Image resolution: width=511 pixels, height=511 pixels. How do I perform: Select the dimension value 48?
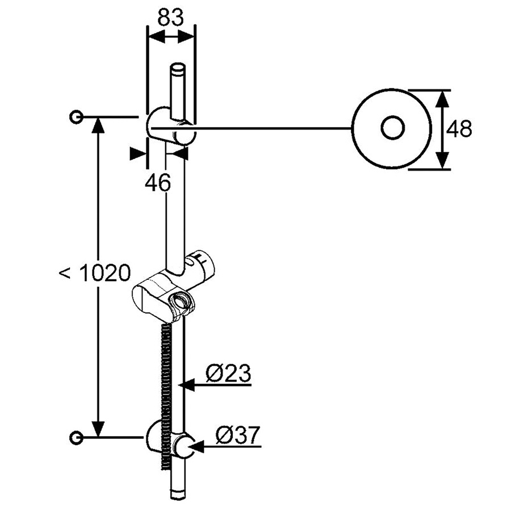459,129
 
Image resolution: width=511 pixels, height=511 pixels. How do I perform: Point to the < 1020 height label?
94,273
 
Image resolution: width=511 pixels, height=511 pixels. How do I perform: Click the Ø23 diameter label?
228,373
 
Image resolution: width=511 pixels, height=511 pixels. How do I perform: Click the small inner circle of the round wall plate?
393,128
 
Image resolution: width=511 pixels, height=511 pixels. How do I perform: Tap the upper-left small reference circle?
77,116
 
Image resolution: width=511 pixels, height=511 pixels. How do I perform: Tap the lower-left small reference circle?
77,437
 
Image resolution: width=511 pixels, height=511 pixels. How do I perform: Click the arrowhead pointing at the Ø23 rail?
186,385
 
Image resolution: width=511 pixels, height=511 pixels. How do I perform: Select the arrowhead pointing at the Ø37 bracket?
196,446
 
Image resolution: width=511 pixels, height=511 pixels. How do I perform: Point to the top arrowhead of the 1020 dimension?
98,125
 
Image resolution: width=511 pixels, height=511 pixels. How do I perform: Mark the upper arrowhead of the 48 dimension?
442,99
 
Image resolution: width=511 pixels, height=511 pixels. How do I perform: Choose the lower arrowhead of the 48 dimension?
442,160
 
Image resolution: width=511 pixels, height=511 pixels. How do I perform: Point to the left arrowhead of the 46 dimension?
137,154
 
